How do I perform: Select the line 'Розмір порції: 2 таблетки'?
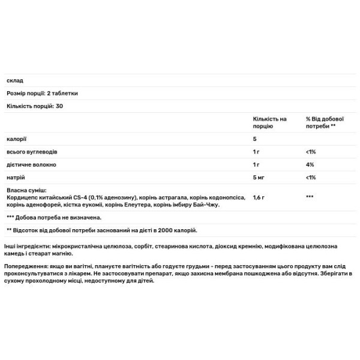tap(42, 94)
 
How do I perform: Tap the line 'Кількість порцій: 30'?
tap(35, 106)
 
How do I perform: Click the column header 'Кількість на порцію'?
tap(269, 122)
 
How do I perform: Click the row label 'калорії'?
tap(16, 139)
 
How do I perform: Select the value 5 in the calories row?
tap(255, 139)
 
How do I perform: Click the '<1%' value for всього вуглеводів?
tap(311, 152)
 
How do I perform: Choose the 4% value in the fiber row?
tap(310, 164)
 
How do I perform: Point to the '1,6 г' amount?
tap(259, 197)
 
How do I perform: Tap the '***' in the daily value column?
tap(310, 197)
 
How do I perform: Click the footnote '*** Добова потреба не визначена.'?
tap(54, 217)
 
